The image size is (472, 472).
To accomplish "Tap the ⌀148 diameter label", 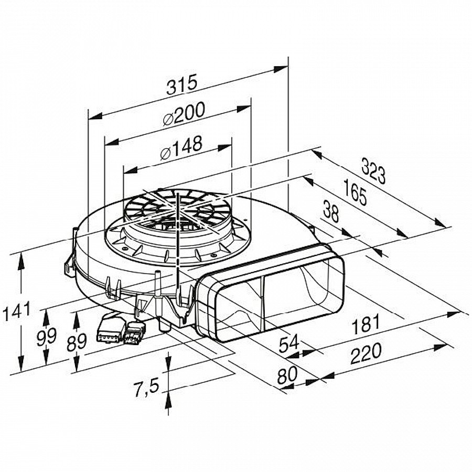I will pos(180,147).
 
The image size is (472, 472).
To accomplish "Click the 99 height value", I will pos(47,336).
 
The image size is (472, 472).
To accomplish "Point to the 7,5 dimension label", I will pos(146,389).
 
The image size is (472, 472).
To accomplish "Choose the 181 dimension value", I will pos(365,324).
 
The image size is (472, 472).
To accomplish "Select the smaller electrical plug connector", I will pos(135,332).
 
